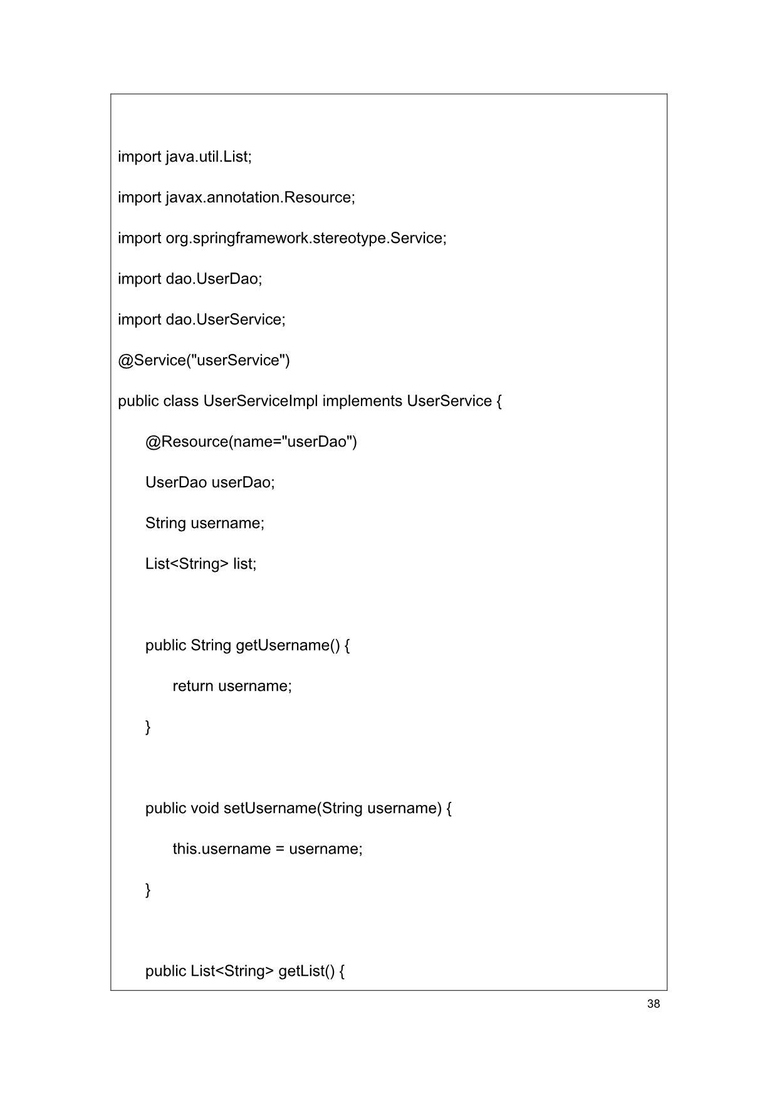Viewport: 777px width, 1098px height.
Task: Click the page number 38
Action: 653,1004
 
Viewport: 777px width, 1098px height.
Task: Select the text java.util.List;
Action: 208,157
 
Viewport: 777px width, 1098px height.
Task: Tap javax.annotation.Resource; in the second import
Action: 260,197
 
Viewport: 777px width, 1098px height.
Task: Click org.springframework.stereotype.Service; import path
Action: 306,238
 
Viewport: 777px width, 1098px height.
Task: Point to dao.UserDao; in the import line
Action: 214,279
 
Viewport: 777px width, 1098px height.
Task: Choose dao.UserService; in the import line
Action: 225,319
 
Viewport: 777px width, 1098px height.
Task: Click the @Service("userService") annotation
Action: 204,360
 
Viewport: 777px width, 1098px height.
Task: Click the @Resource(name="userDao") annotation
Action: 251,442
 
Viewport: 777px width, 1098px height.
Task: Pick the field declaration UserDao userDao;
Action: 210,482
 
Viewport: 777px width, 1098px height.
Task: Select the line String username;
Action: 205,523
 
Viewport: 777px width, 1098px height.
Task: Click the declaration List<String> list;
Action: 201,564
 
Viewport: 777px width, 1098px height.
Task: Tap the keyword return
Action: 192,686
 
